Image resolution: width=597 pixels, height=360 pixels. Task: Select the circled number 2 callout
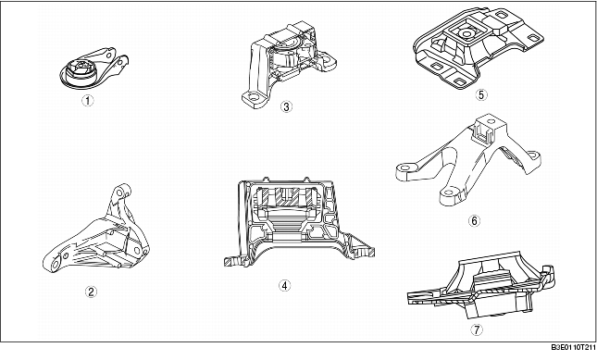click(90, 292)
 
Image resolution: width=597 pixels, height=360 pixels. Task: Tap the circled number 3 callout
click(287, 106)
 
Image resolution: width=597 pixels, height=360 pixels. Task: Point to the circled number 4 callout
click(284, 285)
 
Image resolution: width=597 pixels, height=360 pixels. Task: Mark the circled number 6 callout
click(474, 220)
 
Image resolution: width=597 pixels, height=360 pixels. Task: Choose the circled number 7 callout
click(477, 328)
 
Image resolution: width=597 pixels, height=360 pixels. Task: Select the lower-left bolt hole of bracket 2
click(54, 266)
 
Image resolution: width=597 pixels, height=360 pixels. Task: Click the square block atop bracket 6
click(487, 130)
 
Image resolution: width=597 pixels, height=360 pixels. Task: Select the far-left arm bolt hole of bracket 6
click(404, 169)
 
